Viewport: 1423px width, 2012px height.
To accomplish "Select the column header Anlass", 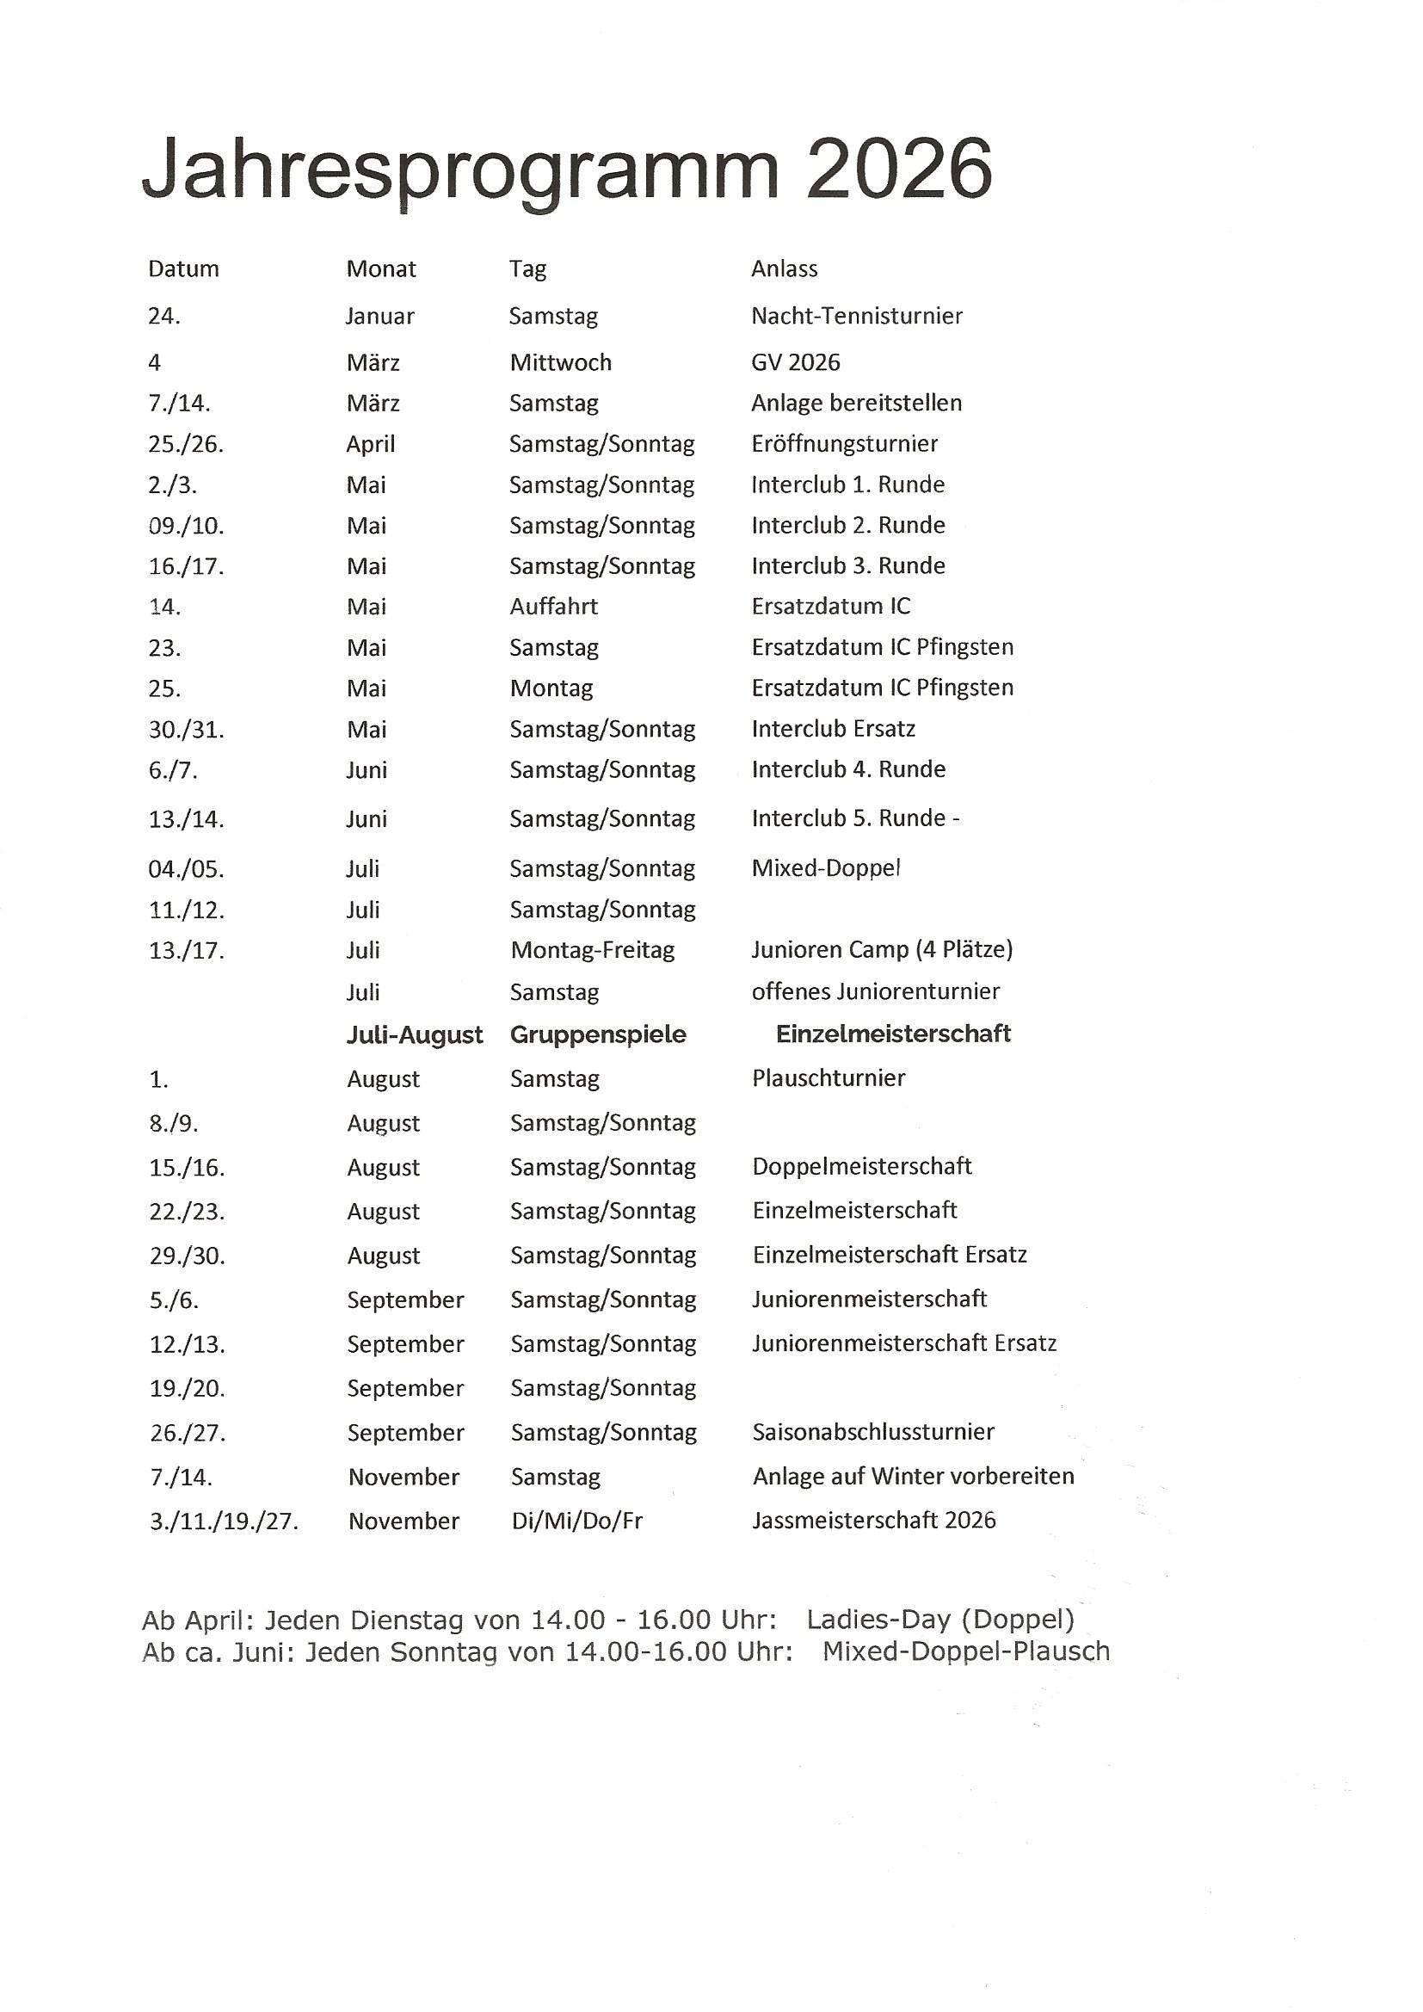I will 784,269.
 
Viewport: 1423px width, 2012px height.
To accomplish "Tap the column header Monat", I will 381,269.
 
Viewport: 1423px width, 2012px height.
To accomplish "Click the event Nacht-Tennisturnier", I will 856,317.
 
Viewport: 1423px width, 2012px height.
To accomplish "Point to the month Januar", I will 379,317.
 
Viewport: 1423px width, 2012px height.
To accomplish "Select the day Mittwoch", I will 561,363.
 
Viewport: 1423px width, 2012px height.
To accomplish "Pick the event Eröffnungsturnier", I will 844,444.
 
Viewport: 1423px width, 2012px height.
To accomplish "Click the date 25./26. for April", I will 186,444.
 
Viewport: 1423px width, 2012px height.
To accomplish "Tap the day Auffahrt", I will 554,607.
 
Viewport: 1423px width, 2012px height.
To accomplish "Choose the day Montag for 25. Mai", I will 551,688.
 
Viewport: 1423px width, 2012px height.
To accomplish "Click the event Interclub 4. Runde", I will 848,769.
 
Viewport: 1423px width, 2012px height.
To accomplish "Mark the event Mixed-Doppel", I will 825,868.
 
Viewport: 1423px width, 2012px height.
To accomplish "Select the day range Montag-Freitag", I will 592,950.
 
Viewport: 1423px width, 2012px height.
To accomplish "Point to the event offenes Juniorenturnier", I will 875,992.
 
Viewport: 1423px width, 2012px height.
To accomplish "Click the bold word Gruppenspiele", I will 598,1035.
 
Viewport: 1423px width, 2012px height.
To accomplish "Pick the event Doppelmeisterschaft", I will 861,1166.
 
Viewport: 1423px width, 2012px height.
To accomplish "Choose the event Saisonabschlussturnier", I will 872,1432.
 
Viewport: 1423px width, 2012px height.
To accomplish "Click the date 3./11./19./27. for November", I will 225,1521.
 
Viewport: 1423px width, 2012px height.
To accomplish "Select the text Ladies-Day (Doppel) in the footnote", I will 940,1620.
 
